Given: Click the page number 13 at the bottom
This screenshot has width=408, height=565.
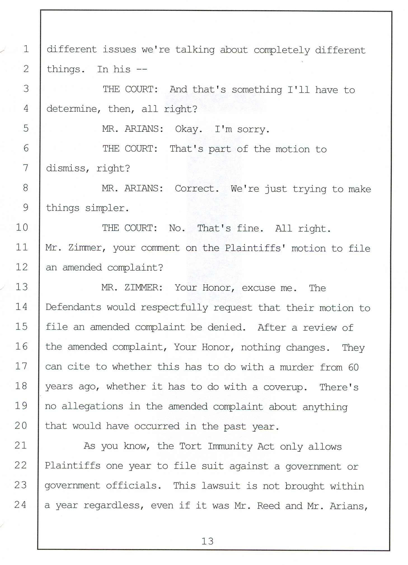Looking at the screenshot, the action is click(207, 541).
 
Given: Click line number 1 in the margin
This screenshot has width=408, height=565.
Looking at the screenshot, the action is click(26, 49).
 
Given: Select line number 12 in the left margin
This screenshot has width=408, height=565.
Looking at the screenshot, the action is click(22, 267).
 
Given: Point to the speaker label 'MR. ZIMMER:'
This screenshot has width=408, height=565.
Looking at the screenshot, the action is click(132, 287).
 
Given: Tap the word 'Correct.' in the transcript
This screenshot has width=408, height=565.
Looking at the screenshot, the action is click(197, 189).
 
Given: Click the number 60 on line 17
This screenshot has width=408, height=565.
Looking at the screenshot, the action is click(353, 367).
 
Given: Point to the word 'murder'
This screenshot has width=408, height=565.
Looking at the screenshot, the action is click(297, 367).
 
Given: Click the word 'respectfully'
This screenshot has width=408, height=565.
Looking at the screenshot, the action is click(174, 308).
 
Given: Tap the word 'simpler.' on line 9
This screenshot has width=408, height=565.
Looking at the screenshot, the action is click(107, 208).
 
